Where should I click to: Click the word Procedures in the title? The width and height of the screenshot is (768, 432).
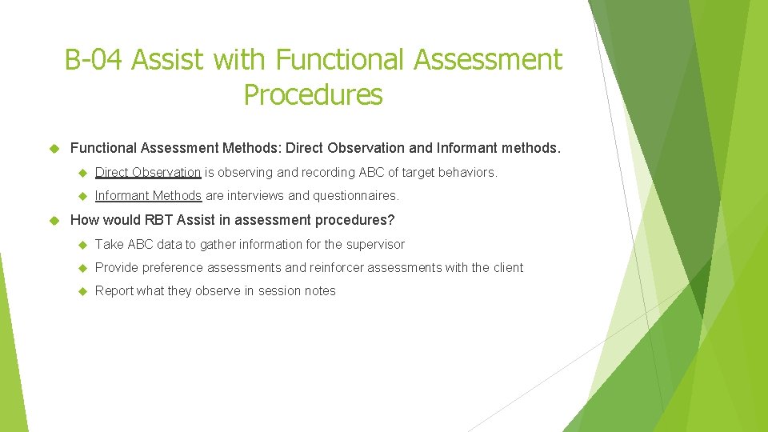[313, 94]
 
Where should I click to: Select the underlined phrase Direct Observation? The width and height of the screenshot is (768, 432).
[148, 172]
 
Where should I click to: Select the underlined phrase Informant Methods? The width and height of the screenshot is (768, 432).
[148, 195]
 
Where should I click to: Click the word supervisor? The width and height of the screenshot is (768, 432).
[375, 244]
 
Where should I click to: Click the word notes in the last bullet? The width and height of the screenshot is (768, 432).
[319, 290]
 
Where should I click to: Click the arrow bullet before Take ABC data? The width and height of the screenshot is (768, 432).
[81, 244]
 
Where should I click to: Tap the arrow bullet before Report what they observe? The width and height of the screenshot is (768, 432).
[81, 290]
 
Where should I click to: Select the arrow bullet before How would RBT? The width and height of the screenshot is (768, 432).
[55, 220]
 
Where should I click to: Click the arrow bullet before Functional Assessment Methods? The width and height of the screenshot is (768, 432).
[55, 147]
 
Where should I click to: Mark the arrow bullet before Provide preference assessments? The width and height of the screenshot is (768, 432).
[81, 267]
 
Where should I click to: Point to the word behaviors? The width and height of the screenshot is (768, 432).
[470, 172]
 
